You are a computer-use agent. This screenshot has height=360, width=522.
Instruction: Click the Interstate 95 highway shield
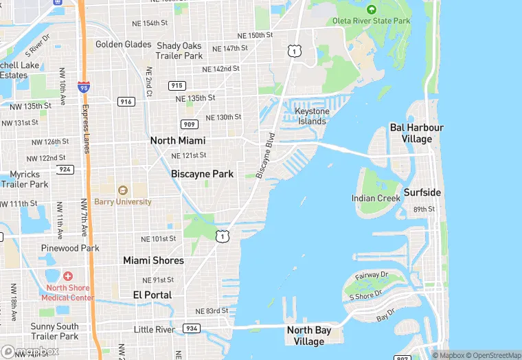pyautogui.click(x=84, y=87)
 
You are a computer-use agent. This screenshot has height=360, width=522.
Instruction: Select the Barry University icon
pyautogui.click(x=123, y=190)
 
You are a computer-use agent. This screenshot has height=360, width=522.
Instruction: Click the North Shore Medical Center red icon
pyautogui.click(x=67, y=276)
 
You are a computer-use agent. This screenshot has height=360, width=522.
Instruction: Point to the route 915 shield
pyautogui.click(x=177, y=85)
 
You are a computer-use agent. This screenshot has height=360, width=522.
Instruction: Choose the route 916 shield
pyautogui.click(x=126, y=101)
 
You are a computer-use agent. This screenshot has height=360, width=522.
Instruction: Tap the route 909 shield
pyautogui.click(x=190, y=124)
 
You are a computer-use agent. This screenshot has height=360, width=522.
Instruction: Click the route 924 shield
pyautogui.click(x=65, y=168)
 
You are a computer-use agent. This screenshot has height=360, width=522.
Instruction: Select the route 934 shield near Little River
pyautogui.click(x=192, y=329)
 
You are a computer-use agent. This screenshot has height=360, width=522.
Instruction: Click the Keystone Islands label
pyautogui.click(x=311, y=116)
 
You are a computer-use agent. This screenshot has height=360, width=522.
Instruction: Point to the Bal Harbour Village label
pyautogui.click(x=416, y=133)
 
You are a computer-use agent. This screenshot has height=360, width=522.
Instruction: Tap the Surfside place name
pyautogui.click(x=422, y=192)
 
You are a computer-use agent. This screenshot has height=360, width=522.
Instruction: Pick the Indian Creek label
pyautogui.click(x=376, y=199)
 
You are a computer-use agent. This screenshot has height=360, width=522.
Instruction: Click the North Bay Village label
pyautogui.click(x=308, y=335)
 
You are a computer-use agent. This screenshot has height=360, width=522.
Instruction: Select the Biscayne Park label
pyautogui.click(x=202, y=174)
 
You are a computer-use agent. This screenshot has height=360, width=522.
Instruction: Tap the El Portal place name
pyautogui.click(x=152, y=294)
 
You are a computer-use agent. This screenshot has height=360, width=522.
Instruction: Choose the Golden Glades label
pyautogui.click(x=124, y=45)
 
